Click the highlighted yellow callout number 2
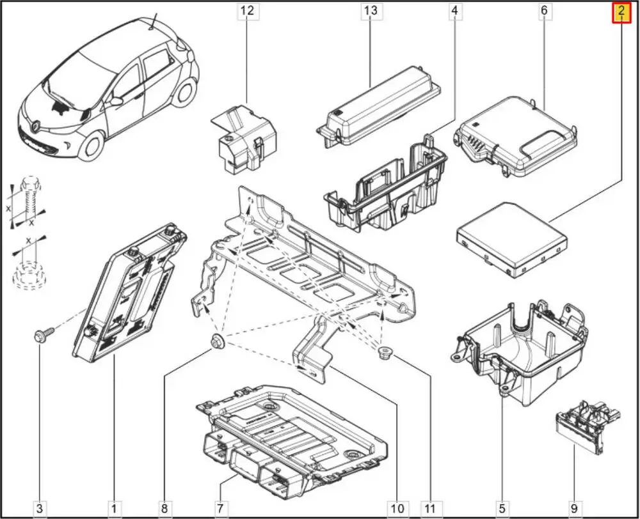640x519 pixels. (621, 12)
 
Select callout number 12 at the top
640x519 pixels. (247, 11)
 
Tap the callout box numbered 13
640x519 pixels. (371, 11)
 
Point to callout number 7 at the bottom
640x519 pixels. (220, 508)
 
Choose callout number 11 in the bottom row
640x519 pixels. (430, 508)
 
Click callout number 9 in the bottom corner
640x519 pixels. (574, 508)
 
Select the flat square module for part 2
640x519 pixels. (511, 240)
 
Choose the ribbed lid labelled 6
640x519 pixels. (515, 136)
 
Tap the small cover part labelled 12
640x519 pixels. (244, 139)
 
